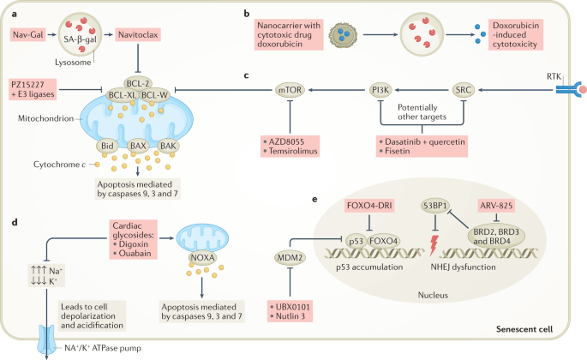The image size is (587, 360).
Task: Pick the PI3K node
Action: point(376,87)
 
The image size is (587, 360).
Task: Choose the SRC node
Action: point(464,87)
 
